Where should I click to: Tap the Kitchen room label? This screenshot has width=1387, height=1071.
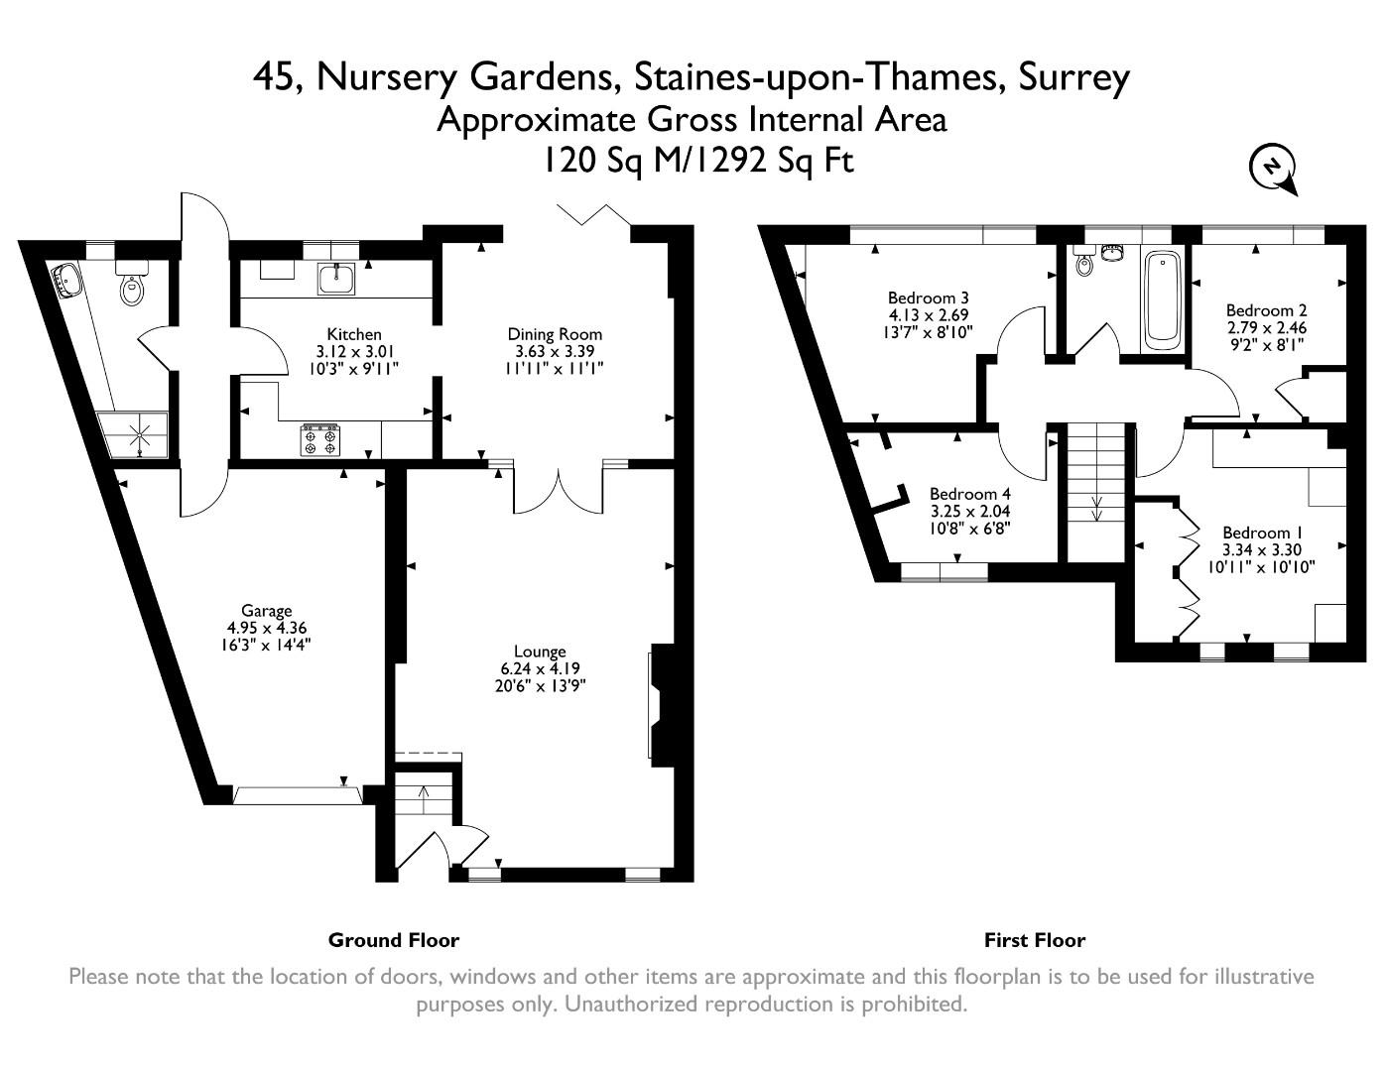(353, 334)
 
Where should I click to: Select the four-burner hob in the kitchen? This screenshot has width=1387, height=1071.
(319, 440)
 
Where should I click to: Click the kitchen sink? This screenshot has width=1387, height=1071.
(336, 279)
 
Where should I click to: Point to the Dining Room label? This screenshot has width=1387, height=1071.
(555, 334)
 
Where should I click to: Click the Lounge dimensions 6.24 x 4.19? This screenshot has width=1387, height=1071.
(540, 668)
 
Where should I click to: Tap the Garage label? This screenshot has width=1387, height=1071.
(266, 611)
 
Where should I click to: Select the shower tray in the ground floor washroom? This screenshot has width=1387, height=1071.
(139, 436)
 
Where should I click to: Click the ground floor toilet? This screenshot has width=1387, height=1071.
(131, 288)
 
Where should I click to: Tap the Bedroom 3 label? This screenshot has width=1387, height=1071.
(928, 297)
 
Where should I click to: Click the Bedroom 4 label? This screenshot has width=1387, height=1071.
(969, 494)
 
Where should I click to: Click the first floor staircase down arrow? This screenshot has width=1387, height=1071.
(1096, 508)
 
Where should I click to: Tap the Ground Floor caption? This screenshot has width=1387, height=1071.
(393, 940)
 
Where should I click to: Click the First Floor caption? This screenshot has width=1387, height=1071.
(1034, 940)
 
